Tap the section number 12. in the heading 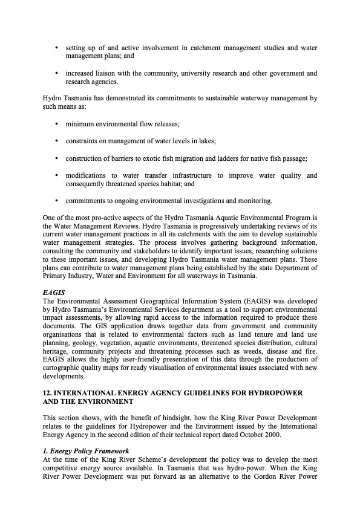pos(48,393)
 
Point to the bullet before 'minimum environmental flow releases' pos(56,124)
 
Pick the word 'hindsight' pos(163,418)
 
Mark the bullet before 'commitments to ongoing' pos(56,201)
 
